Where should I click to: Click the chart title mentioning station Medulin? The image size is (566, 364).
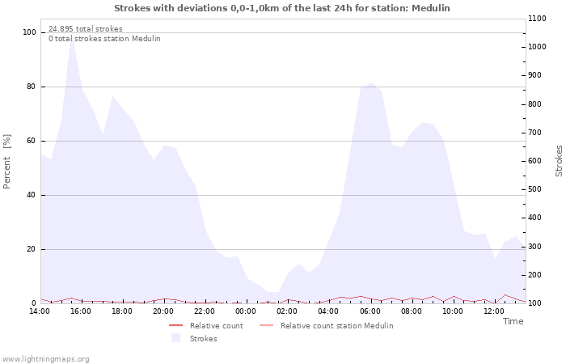[282, 8]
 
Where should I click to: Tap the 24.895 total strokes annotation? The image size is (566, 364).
[86, 29]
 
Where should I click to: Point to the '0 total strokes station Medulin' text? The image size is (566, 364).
[104, 39]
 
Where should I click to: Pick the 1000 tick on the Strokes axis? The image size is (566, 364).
[537, 47]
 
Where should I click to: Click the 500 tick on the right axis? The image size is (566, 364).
[534, 189]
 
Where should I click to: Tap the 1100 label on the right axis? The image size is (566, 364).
[537, 19]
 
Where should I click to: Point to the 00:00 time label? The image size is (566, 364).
[246, 311]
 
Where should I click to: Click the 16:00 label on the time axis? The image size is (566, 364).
[81, 311]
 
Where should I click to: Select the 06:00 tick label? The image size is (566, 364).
[370, 311]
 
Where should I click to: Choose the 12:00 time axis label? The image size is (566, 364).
[494, 311]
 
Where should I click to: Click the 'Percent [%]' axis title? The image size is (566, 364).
[6, 162]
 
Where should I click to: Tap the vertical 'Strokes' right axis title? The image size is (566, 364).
[559, 161]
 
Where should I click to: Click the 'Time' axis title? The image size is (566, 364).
[513, 321]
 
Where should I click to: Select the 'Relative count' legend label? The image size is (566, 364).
[217, 326]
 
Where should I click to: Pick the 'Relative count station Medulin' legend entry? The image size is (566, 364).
[337, 326]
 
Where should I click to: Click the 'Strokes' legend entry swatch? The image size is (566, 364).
[175, 338]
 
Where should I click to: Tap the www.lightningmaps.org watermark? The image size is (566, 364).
[45, 359]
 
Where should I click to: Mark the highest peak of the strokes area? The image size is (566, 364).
[72, 37]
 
